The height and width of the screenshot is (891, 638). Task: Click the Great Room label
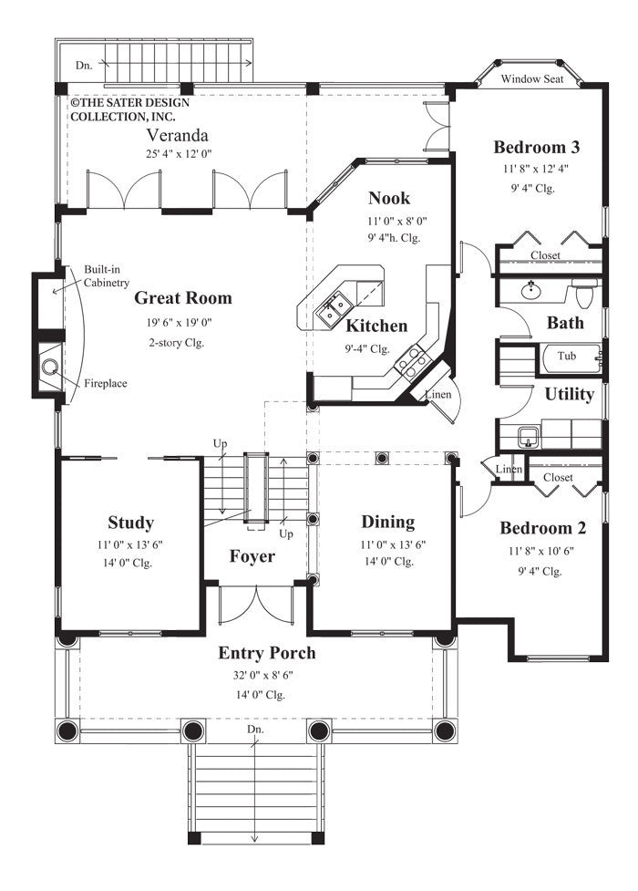[182, 297]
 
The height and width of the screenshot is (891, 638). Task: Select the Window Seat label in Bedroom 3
[532, 79]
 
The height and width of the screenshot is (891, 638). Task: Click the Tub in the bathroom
[567, 356]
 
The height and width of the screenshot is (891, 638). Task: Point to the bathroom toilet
[585, 295]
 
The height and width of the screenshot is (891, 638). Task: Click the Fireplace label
[106, 383]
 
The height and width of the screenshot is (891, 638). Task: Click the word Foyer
[252, 556]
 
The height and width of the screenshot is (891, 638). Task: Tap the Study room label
[130, 523]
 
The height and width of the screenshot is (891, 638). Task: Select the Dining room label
[387, 522]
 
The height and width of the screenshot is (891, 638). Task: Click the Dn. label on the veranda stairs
[84, 65]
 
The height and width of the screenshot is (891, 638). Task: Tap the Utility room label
[570, 394]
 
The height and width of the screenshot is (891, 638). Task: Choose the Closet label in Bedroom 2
[558, 477]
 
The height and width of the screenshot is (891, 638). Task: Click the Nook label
[389, 198]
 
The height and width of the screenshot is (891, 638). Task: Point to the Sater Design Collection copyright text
[124, 109]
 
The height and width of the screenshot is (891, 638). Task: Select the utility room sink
[528, 436]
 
